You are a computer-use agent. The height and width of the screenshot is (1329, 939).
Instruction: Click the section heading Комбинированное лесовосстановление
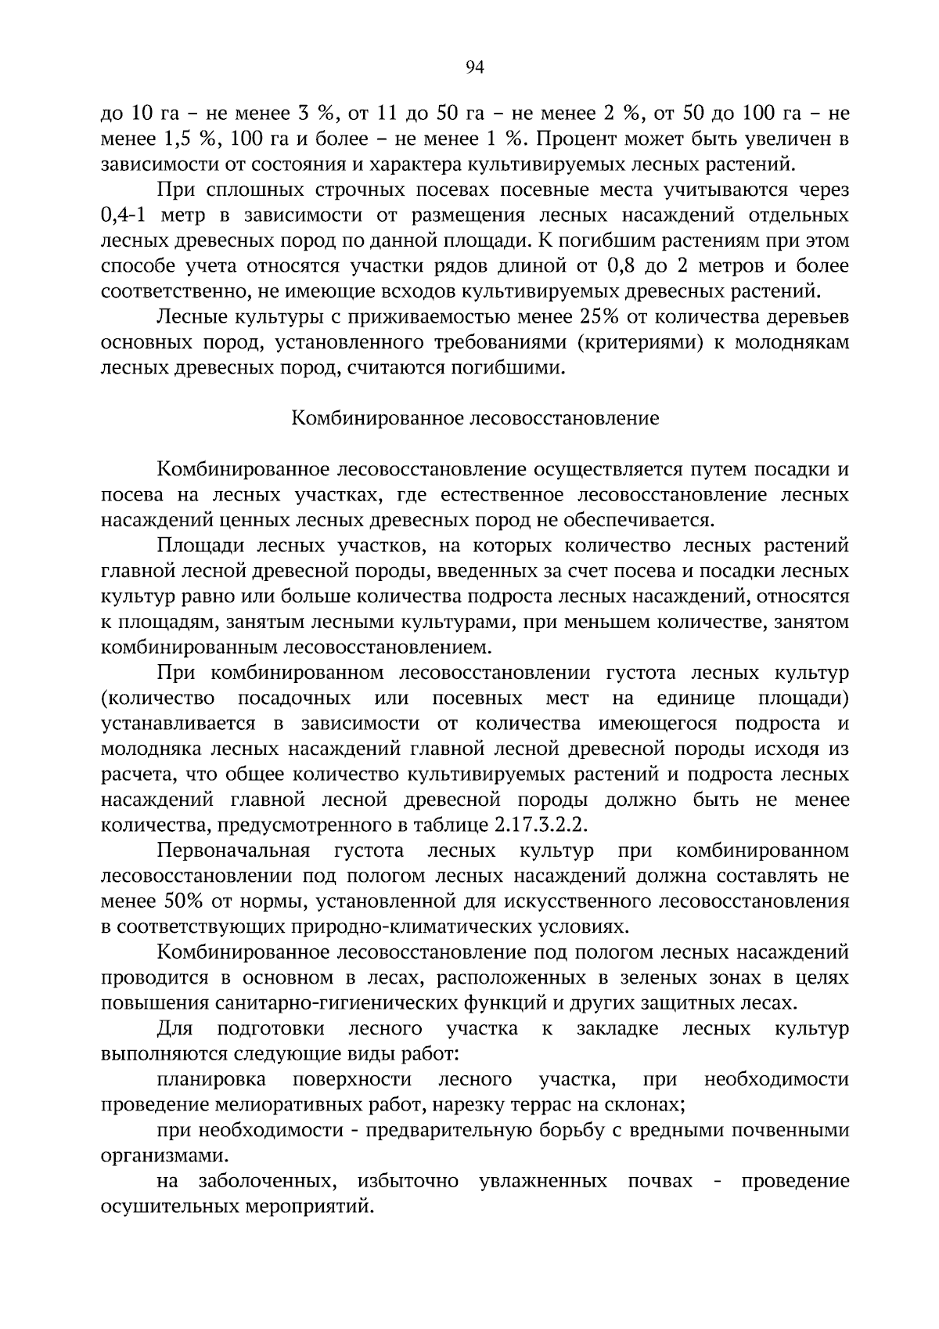(x=475, y=418)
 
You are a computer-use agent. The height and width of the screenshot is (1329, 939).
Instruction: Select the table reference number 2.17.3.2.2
(x=540, y=826)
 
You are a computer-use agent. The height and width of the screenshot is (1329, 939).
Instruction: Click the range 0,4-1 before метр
(x=130, y=215)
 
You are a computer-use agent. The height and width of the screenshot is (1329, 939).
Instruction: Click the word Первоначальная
(x=233, y=850)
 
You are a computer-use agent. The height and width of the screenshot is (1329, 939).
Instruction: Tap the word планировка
(x=211, y=1080)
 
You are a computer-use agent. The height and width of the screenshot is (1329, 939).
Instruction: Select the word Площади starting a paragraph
(x=194, y=546)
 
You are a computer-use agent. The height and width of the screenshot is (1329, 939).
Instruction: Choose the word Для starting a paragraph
(x=175, y=1028)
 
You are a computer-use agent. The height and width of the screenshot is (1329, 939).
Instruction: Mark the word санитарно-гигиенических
(x=325, y=1003)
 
